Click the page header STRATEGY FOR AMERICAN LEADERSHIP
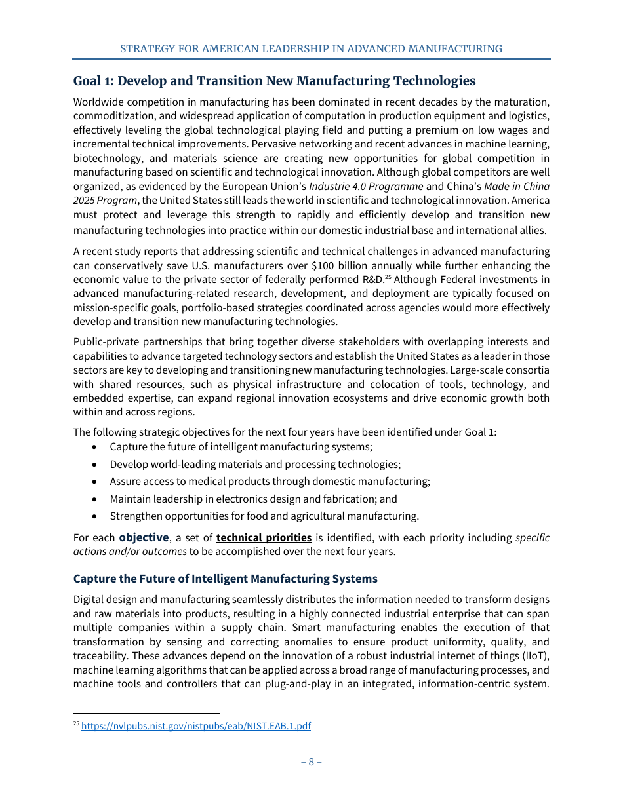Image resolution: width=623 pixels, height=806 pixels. [311, 49]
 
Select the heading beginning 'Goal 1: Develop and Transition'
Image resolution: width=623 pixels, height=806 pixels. [274, 81]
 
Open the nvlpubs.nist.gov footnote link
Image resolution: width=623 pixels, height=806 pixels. [195, 726]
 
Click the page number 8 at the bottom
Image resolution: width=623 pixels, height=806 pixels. [311, 761]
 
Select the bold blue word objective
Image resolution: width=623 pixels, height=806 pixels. [144, 538]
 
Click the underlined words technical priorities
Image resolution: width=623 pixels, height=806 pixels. [264, 538]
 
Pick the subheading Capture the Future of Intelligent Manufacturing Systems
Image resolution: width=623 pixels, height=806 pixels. [225, 579]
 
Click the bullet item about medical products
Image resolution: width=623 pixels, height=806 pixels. [270, 482]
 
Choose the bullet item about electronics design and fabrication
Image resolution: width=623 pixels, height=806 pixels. [253, 499]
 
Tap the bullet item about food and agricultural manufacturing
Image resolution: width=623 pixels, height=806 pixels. [264, 516]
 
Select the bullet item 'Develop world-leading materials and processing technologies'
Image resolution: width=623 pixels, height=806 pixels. [255, 465]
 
